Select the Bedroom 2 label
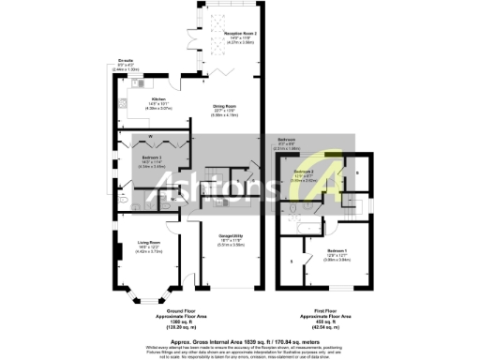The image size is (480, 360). click(303, 173)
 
